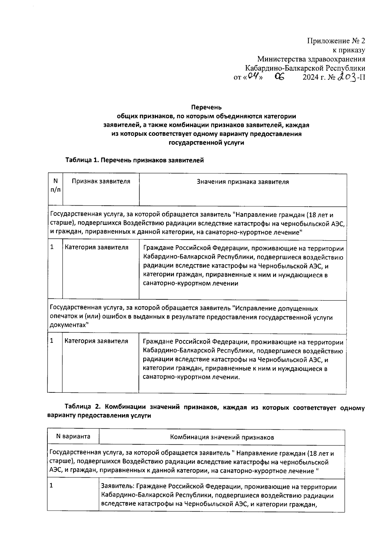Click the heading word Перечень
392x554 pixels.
(206, 107)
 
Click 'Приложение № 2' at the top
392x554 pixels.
(336, 41)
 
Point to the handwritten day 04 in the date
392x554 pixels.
(252, 77)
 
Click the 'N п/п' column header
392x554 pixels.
(55, 185)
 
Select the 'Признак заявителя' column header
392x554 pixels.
(101, 182)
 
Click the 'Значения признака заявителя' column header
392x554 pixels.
(243, 182)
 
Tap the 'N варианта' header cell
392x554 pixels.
(73, 436)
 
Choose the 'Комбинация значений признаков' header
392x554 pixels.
(222, 437)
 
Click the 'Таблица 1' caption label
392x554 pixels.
(82, 160)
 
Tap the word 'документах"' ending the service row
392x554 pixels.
(69, 325)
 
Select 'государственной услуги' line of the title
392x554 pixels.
(206, 143)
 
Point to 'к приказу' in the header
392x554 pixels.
(349, 50)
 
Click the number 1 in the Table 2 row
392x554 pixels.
(51, 485)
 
